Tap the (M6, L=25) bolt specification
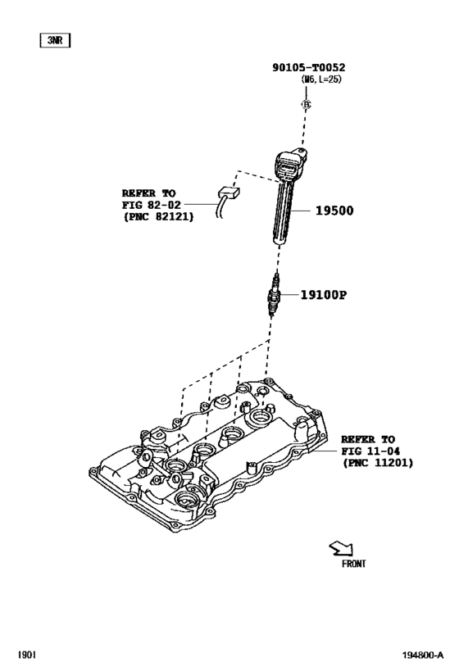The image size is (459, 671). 320,79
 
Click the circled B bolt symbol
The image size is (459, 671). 306,104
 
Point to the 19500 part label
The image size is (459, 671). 334,211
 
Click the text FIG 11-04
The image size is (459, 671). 370,451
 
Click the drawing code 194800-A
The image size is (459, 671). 423,655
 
